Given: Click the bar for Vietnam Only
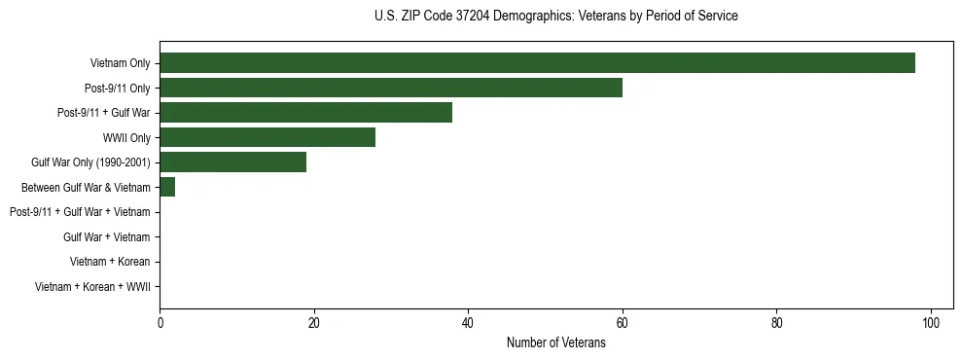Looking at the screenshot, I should point(537,63).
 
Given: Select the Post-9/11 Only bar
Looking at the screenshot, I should point(391,88).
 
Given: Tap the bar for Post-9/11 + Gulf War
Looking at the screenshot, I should point(305,113).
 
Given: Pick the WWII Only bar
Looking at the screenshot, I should point(267,137).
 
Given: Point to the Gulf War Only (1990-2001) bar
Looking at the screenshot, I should point(232,162).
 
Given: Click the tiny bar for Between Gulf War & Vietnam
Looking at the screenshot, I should point(167,187).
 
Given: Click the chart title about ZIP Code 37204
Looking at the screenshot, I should point(555,17).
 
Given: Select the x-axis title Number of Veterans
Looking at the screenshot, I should point(555,342).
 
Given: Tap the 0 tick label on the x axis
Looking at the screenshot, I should point(160,323).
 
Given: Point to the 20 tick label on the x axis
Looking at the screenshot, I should point(314,323).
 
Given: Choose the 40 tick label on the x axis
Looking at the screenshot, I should point(468,323).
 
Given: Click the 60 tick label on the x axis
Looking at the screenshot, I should point(623,323).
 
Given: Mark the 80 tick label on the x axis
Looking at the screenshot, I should point(776,323).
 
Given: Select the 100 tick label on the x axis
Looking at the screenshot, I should point(931,323).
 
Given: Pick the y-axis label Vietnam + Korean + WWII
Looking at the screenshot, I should point(92,286).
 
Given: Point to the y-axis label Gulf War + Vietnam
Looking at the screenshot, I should point(106,236).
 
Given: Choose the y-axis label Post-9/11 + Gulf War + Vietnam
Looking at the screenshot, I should point(80,212).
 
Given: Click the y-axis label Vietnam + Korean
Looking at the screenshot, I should point(110,262).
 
